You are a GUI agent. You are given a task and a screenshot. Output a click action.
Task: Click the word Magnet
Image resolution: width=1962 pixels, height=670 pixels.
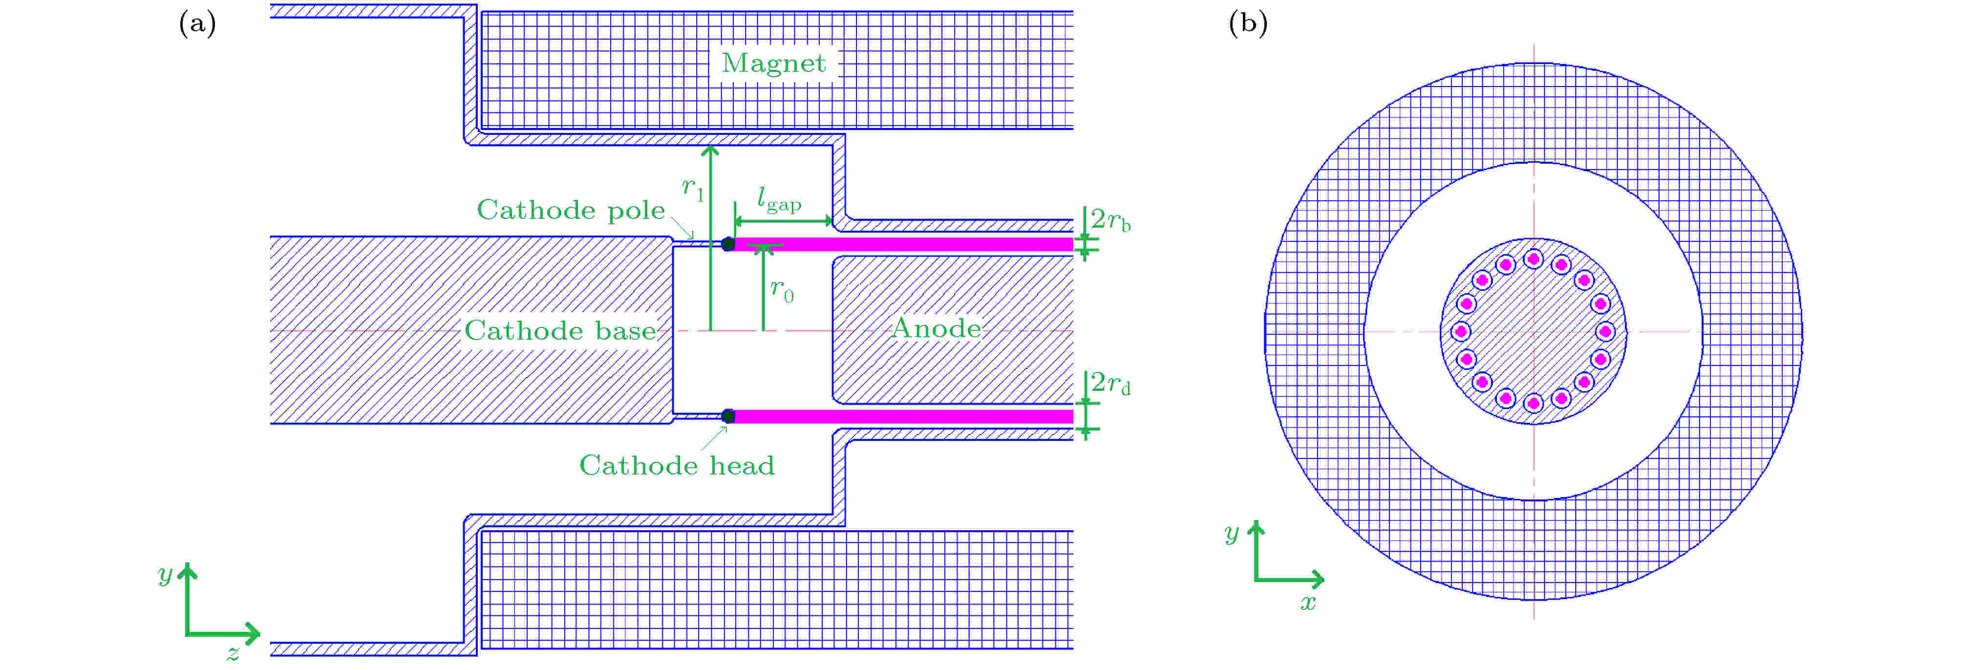773,63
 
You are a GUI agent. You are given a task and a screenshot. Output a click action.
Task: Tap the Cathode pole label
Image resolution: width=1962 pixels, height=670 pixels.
571,210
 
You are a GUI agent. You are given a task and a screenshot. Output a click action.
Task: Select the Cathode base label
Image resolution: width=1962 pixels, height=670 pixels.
560,330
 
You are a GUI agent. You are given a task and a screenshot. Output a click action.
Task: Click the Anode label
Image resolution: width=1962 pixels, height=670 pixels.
936,328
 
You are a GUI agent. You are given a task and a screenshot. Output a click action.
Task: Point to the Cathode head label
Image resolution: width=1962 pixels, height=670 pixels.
676,465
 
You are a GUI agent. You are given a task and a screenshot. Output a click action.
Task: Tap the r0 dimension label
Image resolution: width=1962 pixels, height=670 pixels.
782,290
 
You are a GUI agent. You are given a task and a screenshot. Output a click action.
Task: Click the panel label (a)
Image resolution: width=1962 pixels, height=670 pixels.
197,23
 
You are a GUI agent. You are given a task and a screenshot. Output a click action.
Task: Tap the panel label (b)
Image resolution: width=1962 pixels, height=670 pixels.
1248,23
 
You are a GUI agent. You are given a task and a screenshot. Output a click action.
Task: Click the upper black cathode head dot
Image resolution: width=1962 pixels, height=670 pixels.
728,244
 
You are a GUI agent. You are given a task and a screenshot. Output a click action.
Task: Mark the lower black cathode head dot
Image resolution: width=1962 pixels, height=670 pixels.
728,416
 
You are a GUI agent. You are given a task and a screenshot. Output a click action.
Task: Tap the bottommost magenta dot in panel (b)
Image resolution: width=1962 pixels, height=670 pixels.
1533,403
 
